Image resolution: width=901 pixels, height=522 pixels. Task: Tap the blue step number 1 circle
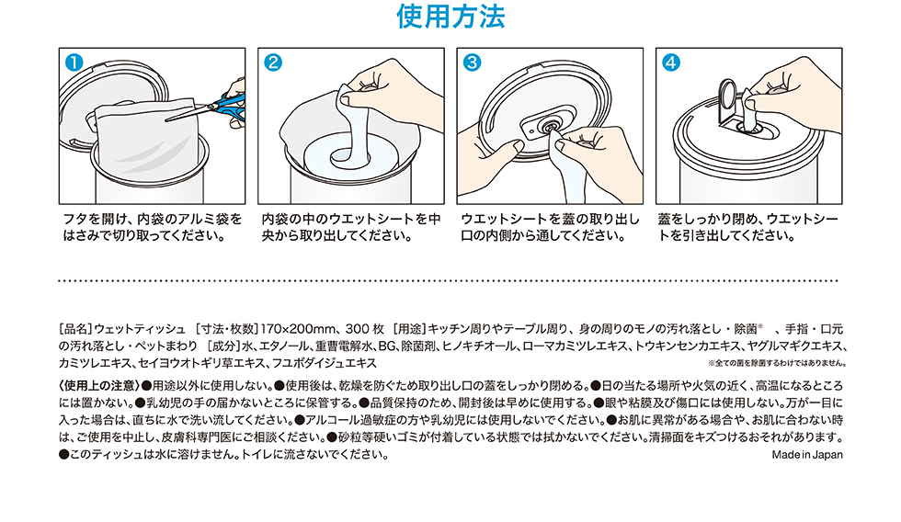pyautogui.click(x=74, y=62)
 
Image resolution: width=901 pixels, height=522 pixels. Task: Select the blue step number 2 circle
pyautogui.click(x=273, y=62)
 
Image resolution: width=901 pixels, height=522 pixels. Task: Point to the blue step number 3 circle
pyautogui.click(x=472, y=62)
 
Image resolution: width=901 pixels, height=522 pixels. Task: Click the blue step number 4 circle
pyautogui.click(x=670, y=62)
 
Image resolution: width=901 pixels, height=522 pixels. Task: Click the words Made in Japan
pyautogui.click(x=807, y=455)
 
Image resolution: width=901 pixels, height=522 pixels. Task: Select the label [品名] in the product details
pyautogui.click(x=75, y=329)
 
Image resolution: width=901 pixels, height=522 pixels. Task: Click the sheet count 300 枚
pyautogui.click(x=365, y=329)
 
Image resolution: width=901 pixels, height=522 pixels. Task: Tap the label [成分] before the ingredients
pyautogui.click(x=223, y=346)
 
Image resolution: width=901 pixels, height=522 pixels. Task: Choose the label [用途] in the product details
pyautogui.click(x=410, y=329)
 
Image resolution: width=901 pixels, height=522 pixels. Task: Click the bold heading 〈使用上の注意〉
pyautogui.click(x=99, y=385)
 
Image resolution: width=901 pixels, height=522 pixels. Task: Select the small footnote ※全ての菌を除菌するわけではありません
pyautogui.click(x=777, y=364)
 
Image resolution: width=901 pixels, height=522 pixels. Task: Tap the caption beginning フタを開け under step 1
pyautogui.click(x=153, y=227)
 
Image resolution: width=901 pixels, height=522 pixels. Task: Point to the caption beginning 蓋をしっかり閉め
pyautogui.click(x=748, y=227)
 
